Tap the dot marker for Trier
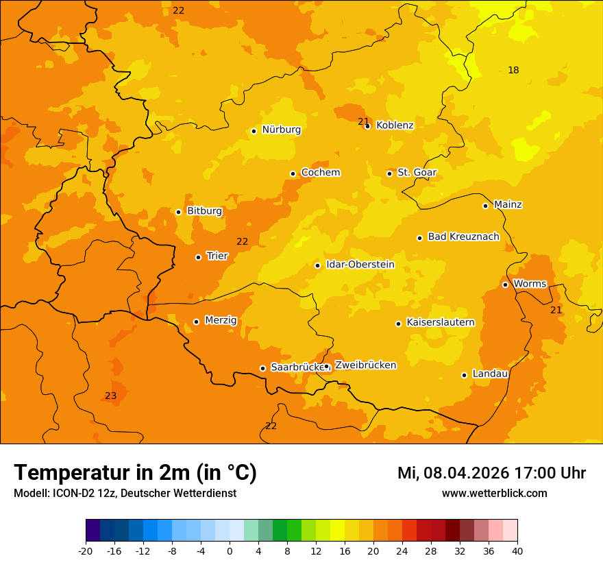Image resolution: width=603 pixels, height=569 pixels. click(x=198, y=257)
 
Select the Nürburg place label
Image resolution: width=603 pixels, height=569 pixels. click(x=281, y=130)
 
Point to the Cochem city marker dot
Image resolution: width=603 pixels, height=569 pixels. click(x=293, y=173)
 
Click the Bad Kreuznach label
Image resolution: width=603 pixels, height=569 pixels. click(x=463, y=237)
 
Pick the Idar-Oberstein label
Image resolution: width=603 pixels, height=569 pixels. click(x=360, y=265)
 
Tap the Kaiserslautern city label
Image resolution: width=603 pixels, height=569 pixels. click(x=440, y=322)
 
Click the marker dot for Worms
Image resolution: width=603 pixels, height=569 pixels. click(x=505, y=284)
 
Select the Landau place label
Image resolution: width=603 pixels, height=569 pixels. click(x=490, y=374)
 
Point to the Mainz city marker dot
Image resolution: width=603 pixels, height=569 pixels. click(x=485, y=206)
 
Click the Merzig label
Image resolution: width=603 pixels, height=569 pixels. click(x=221, y=320)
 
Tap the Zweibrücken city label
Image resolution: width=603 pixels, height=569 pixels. click(x=365, y=365)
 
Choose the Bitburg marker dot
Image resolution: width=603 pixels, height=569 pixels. click(x=178, y=212)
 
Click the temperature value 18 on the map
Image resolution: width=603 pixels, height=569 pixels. click(x=513, y=70)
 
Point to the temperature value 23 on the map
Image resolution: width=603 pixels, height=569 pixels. click(x=110, y=396)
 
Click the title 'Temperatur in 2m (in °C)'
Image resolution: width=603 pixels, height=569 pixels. click(x=135, y=472)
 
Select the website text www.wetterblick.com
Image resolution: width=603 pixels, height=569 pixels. click(x=494, y=493)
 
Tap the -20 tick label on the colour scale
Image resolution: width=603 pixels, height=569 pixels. click(x=86, y=550)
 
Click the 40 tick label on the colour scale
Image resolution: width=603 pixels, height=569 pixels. click(x=517, y=550)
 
